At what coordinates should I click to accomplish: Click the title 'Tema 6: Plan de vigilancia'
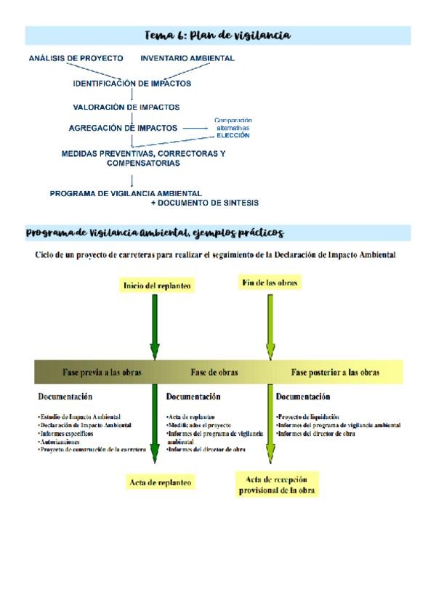click(x=218, y=36)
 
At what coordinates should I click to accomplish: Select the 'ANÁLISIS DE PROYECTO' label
click(x=76, y=58)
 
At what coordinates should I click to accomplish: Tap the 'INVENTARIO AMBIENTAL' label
click(x=187, y=58)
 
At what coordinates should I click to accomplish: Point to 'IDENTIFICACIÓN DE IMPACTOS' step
click(x=132, y=84)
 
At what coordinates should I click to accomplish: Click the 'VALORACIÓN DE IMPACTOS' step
click(x=126, y=107)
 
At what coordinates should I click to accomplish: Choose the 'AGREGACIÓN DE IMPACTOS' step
click(x=123, y=128)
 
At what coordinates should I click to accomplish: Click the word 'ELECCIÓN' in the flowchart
click(x=234, y=135)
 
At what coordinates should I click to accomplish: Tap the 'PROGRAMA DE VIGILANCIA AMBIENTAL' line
click(x=126, y=193)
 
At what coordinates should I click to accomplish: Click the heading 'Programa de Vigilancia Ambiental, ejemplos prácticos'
click(x=154, y=233)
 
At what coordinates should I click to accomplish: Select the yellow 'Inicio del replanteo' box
click(x=158, y=285)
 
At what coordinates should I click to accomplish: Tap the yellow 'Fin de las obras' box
click(x=270, y=282)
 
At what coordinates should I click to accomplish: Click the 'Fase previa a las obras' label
click(x=102, y=372)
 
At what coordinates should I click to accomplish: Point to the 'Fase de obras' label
click(x=214, y=372)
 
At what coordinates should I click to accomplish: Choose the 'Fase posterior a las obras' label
click(x=335, y=372)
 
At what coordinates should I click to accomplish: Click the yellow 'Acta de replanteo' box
click(x=160, y=482)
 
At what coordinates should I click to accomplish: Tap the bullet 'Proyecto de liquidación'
click(x=307, y=417)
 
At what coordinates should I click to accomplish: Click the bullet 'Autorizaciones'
click(x=59, y=442)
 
